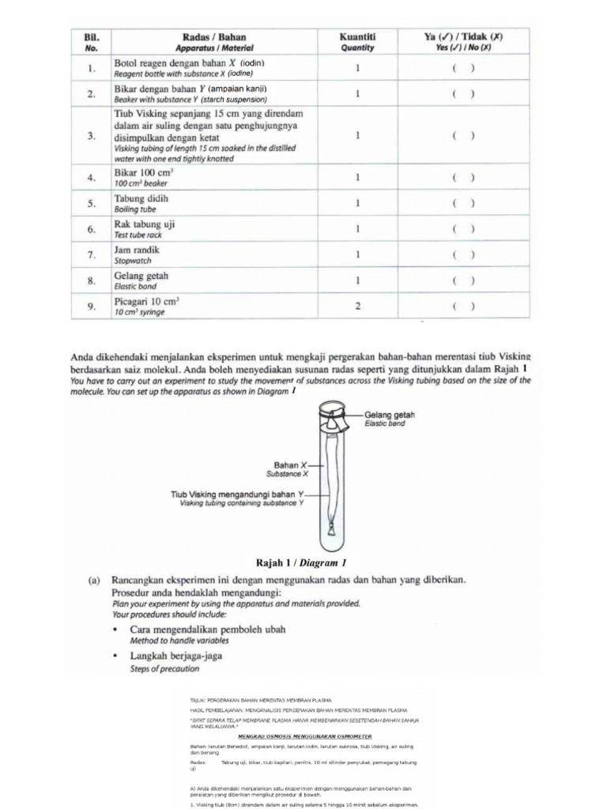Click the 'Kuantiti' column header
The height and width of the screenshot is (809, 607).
point(357,36)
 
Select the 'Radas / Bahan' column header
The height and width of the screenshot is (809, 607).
point(214,36)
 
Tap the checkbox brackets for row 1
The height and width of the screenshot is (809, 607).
point(463,68)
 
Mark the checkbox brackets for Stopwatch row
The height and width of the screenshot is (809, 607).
point(463,255)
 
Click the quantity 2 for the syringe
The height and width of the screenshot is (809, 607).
point(357,307)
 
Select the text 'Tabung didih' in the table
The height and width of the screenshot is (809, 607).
point(141,198)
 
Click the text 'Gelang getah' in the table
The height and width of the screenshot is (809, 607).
point(141,276)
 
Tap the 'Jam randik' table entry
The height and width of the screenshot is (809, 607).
point(138,250)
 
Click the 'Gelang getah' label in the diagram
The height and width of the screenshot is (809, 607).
point(390,415)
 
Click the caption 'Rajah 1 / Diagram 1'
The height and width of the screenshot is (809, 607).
point(302,563)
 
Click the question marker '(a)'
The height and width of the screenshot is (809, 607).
point(93,579)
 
